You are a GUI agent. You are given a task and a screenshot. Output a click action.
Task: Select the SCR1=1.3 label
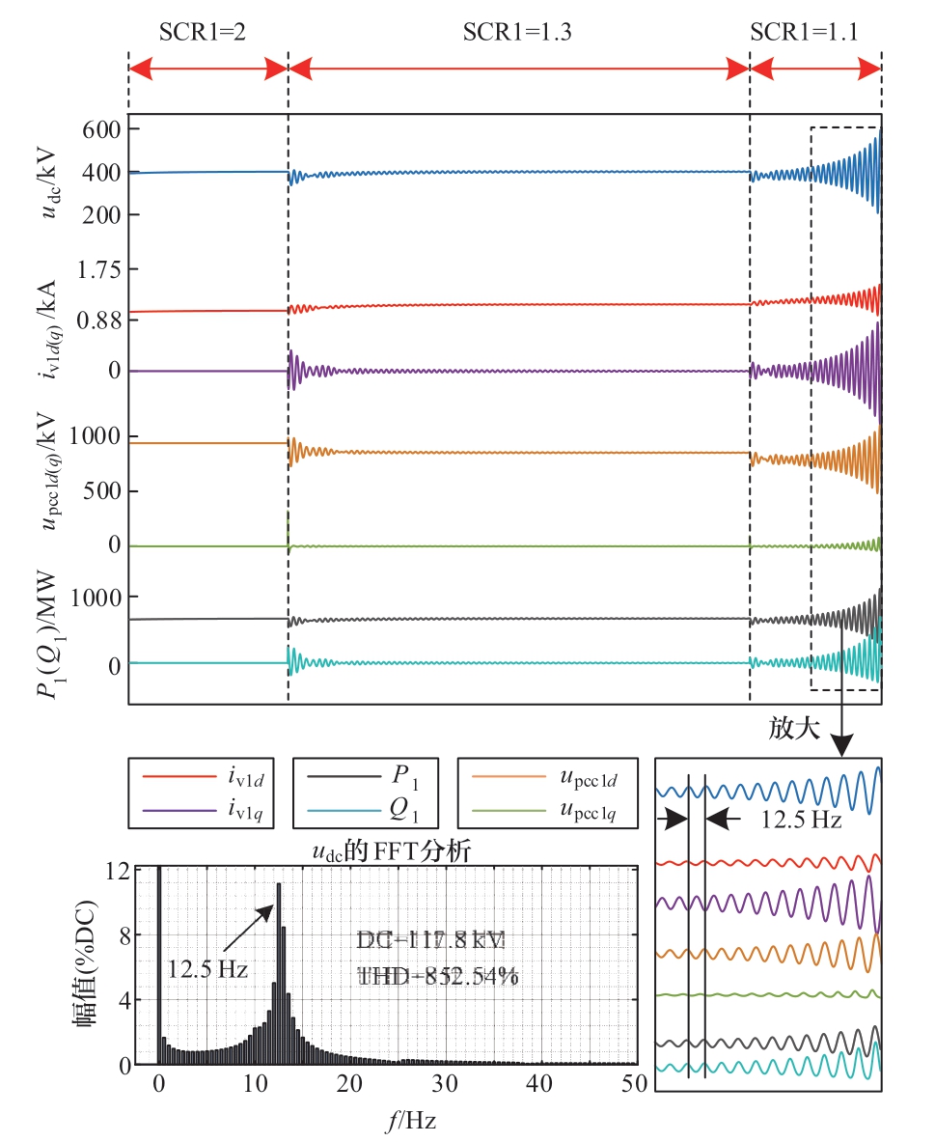pos(518,33)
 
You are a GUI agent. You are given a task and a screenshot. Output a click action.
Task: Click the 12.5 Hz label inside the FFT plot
pos(208,968)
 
